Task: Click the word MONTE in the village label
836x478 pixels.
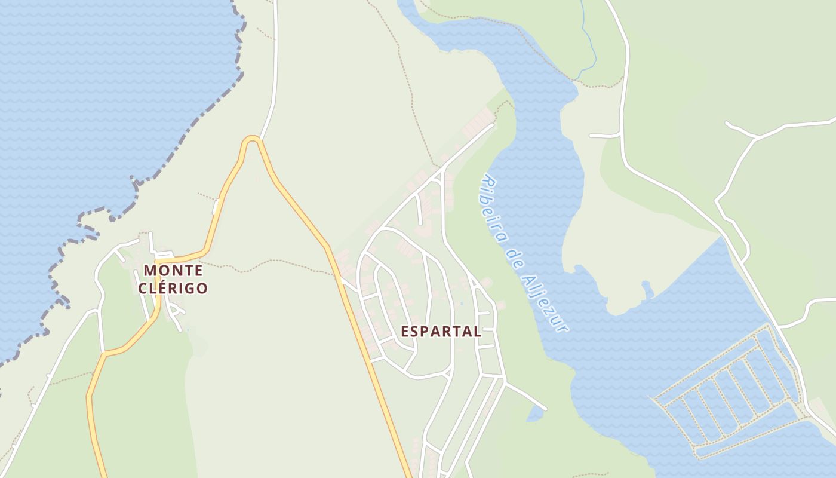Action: pyautogui.click(x=173, y=271)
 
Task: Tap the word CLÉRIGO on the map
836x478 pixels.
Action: pyautogui.click(x=173, y=289)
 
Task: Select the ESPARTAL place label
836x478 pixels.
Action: pyautogui.click(x=441, y=332)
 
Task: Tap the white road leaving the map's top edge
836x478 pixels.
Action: pyautogui.click(x=275, y=36)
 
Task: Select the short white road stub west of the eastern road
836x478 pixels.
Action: pyautogui.click(x=604, y=136)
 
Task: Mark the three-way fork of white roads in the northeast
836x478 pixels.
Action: pyautogui.click(x=756, y=138)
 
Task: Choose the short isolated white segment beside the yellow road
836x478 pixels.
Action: pyautogui.click(x=216, y=207)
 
